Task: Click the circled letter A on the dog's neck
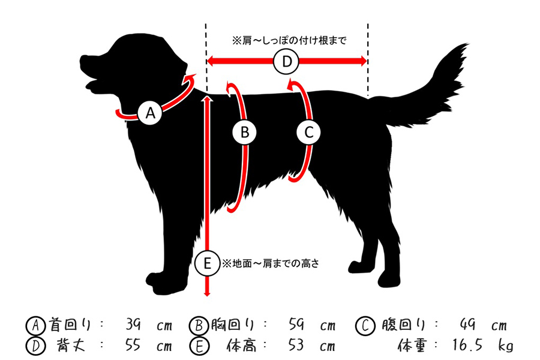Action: pyautogui.click(x=150, y=113)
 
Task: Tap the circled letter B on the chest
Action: pyautogui.click(x=245, y=132)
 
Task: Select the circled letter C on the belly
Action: pyautogui.click(x=308, y=132)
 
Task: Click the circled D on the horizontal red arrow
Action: pyautogui.click(x=287, y=61)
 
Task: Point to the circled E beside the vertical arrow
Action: pyautogui.click(x=207, y=263)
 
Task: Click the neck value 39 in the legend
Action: pyautogui.click(x=133, y=325)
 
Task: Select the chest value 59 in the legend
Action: pyautogui.click(x=296, y=325)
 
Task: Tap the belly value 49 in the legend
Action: pyautogui.click(x=467, y=325)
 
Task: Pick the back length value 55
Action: pyautogui.click(x=133, y=344)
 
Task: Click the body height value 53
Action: pyautogui.click(x=296, y=344)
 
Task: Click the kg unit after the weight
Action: pyautogui.click(x=506, y=346)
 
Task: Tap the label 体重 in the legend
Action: pyautogui.click(x=412, y=345)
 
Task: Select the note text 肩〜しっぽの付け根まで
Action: pyautogui.click(x=294, y=41)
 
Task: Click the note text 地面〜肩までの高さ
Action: pyautogui.click(x=275, y=263)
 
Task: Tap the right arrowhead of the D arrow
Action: pyautogui.click(x=364, y=61)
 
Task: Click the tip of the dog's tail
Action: pyautogui.click(x=467, y=44)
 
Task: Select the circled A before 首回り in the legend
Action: pyautogui.click(x=35, y=325)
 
